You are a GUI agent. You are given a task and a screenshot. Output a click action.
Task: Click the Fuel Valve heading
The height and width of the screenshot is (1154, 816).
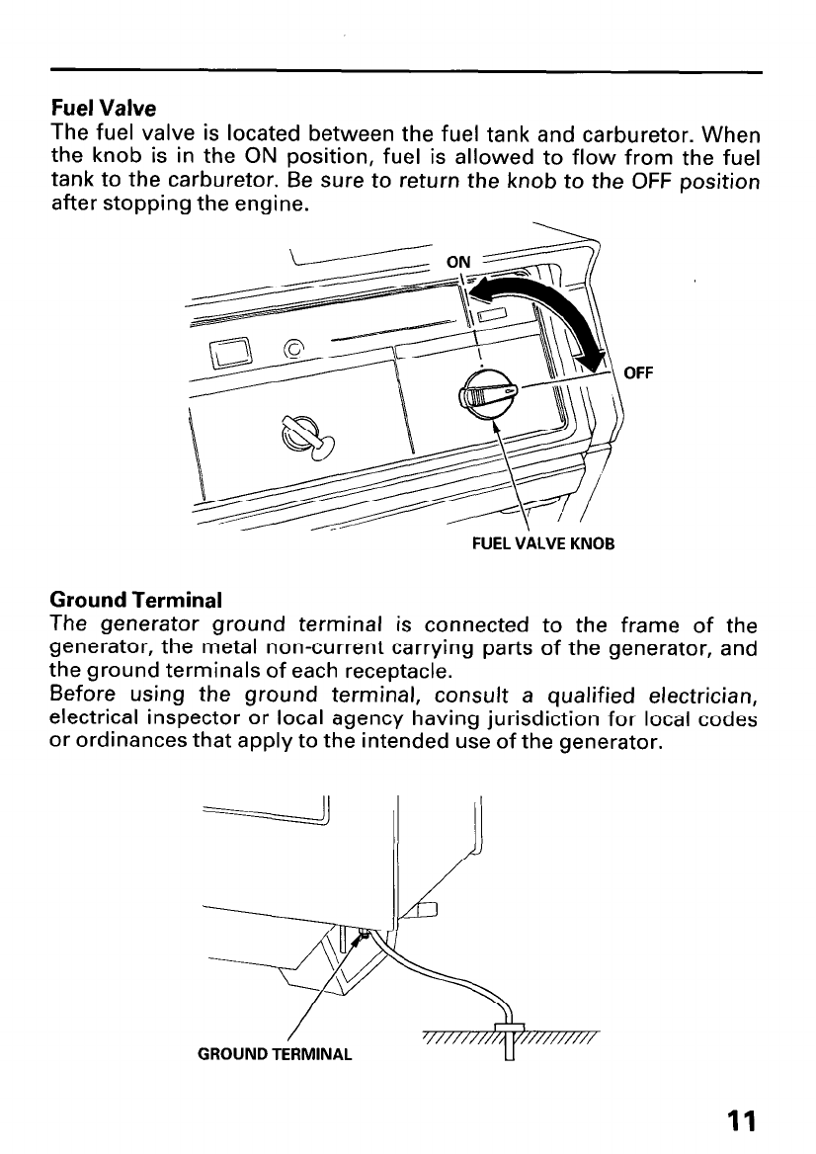(x=104, y=105)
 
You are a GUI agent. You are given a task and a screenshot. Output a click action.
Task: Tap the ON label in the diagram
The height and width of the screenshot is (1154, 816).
(x=459, y=262)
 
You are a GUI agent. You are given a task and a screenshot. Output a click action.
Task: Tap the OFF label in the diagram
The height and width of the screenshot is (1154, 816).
(x=640, y=372)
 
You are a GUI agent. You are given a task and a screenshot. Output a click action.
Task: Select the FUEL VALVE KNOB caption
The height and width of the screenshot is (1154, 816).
(x=545, y=543)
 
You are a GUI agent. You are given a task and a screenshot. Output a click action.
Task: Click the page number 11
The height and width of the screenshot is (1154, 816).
(x=739, y=1121)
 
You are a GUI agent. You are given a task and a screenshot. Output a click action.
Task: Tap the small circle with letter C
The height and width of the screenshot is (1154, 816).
(x=293, y=349)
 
